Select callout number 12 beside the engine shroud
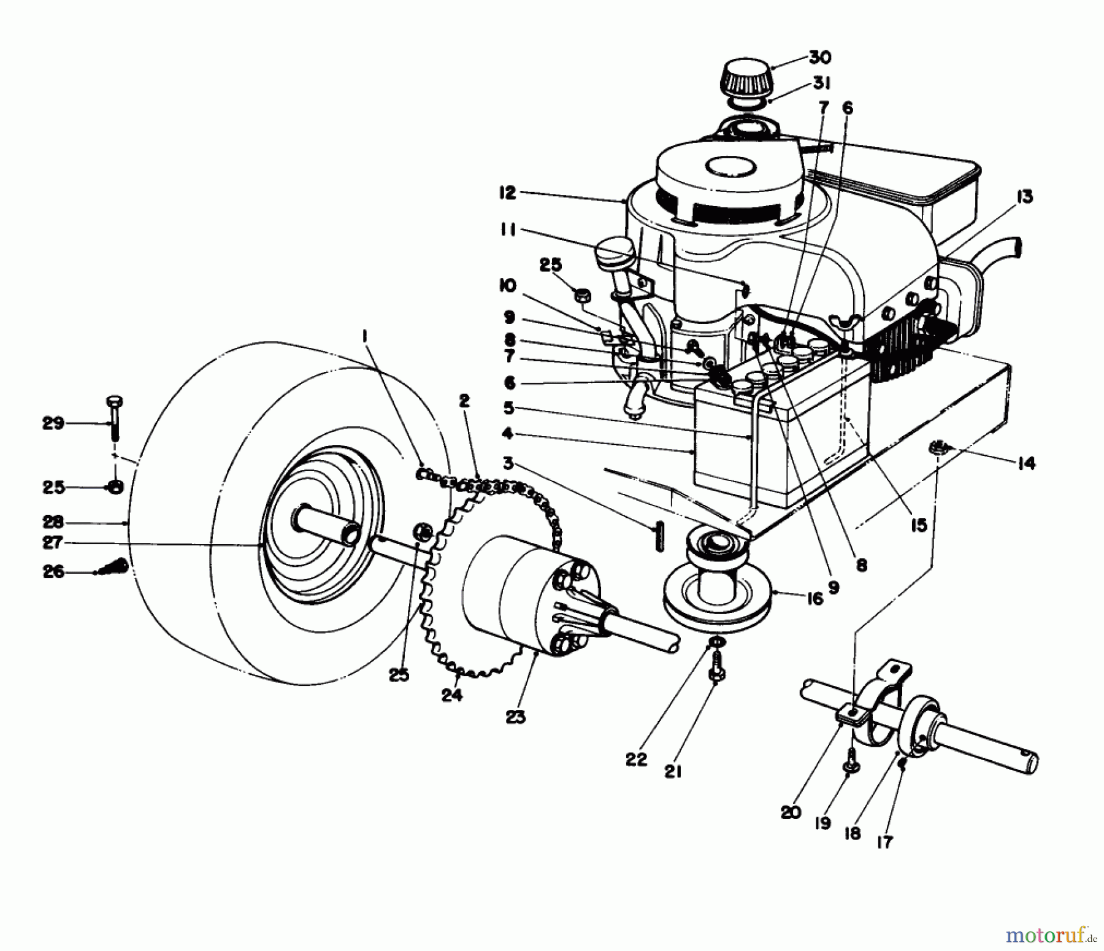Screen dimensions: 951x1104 pyautogui.click(x=507, y=193)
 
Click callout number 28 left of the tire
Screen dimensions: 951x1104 pyautogui.click(x=53, y=522)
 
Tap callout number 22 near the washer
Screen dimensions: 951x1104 pyautogui.click(x=636, y=759)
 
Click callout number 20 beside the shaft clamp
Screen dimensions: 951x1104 pyautogui.click(x=791, y=813)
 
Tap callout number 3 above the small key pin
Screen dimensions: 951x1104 pyautogui.click(x=508, y=464)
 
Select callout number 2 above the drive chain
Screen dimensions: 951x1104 pyautogui.click(x=464, y=401)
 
